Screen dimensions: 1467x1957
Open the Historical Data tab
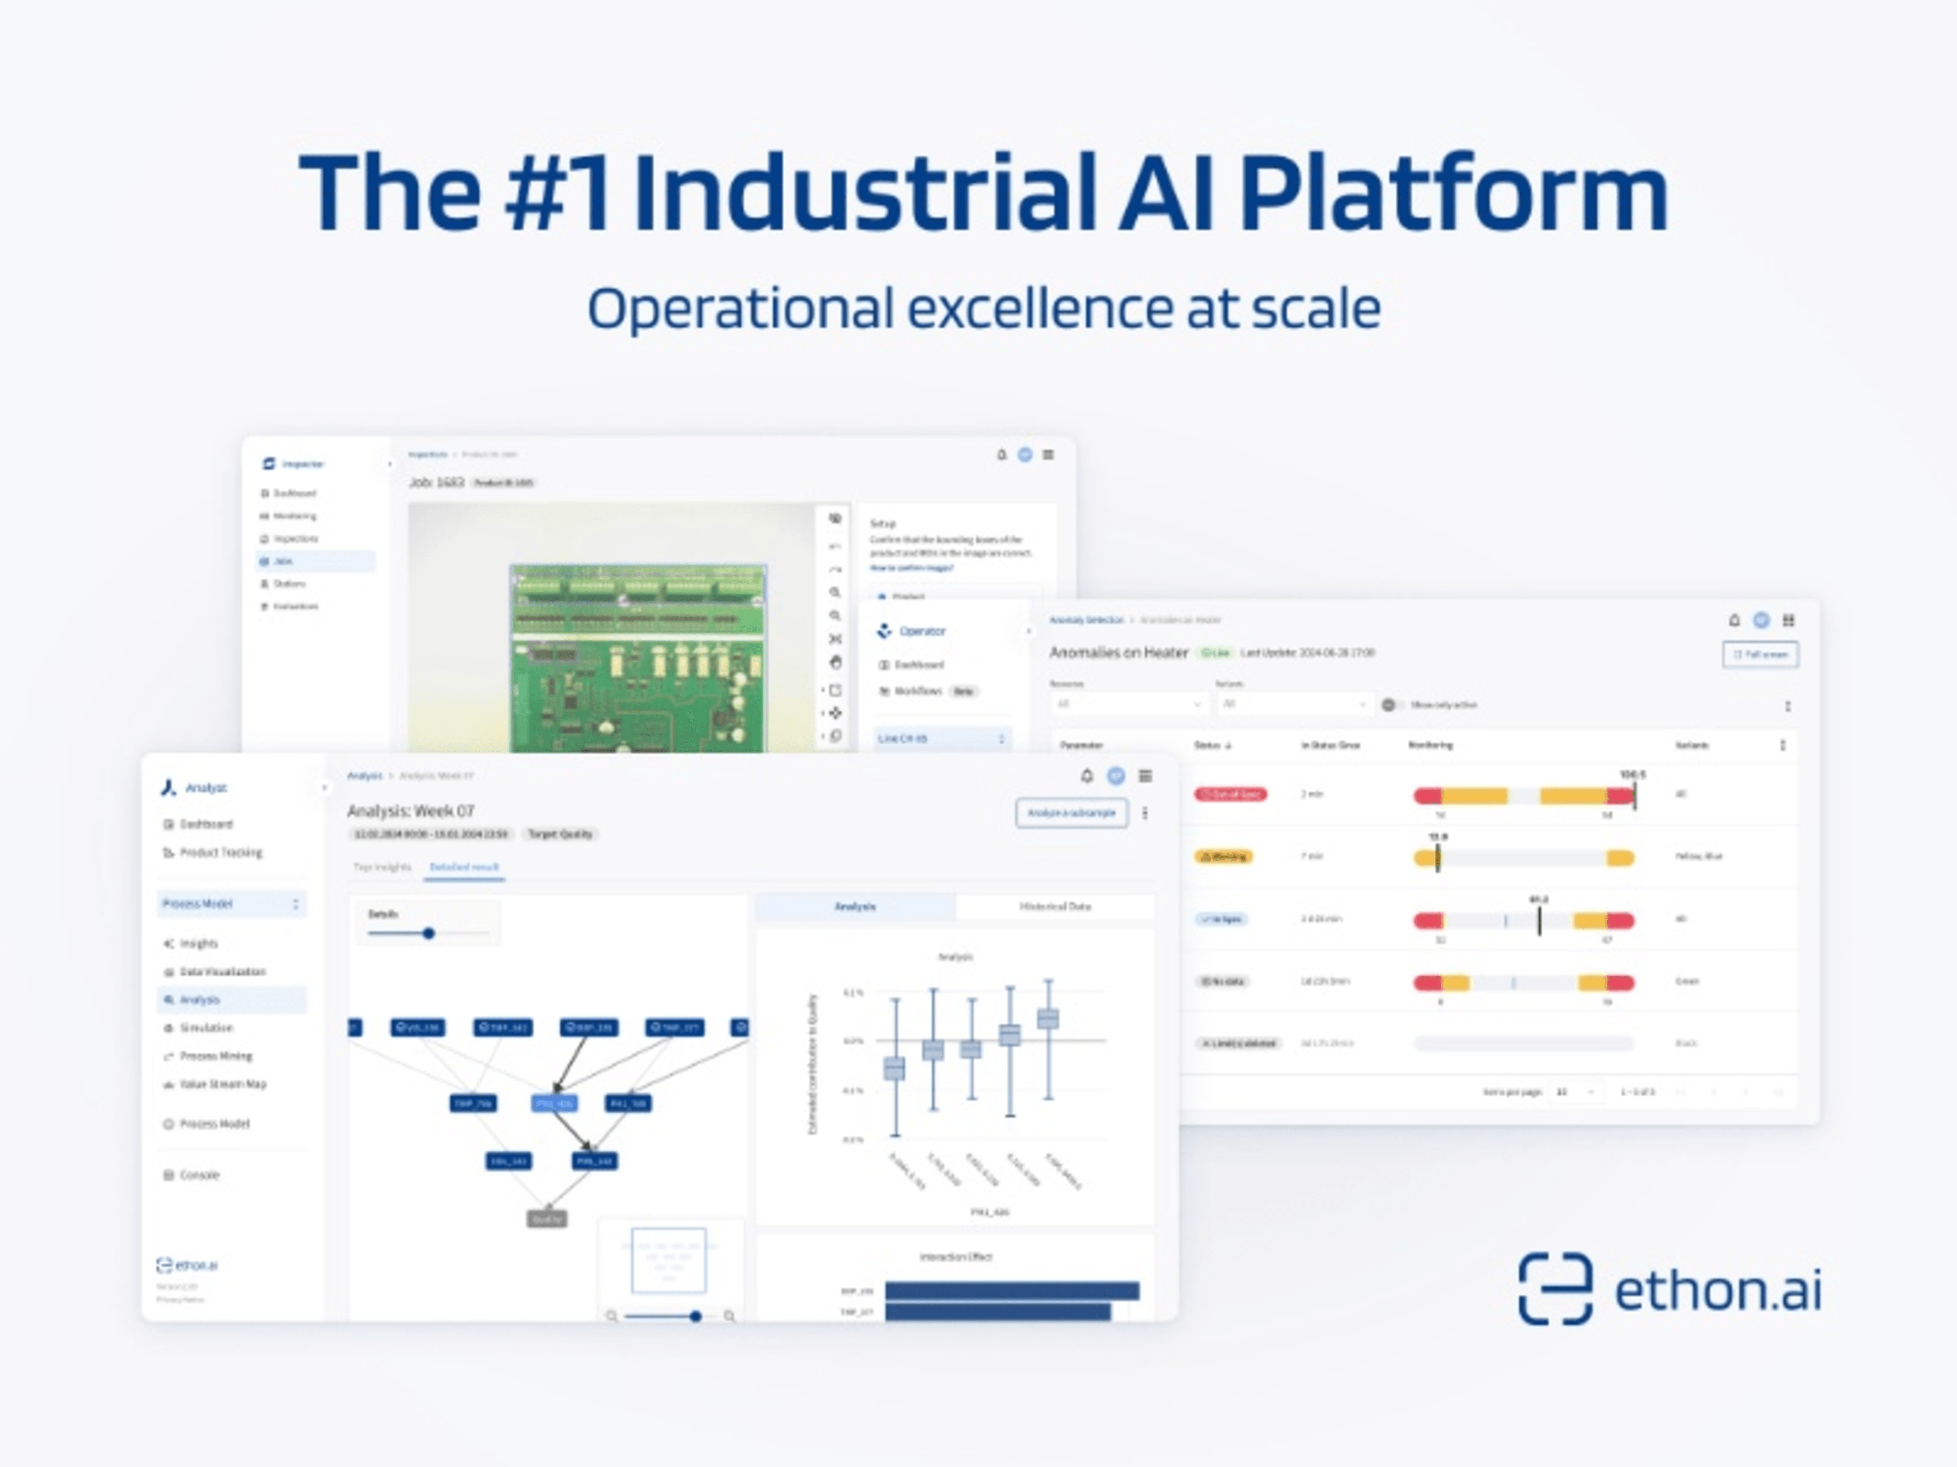coord(1055,906)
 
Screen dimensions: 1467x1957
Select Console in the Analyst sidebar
coord(199,1175)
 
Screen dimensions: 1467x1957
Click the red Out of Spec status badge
coord(1230,794)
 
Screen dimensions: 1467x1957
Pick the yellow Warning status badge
coord(1224,857)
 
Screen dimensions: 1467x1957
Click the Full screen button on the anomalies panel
coord(1759,654)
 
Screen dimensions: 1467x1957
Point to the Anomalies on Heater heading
coord(1118,652)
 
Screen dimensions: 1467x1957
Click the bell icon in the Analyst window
coord(1086,776)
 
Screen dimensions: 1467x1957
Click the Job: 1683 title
coord(436,482)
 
